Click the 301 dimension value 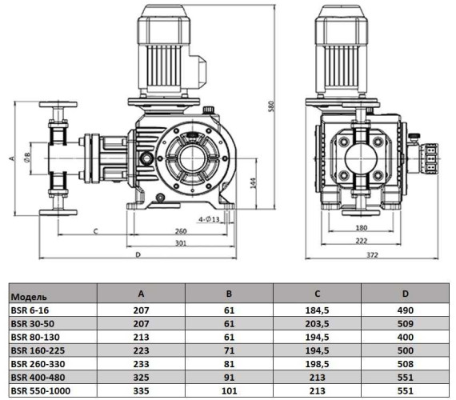pos(182,243)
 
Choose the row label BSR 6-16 pos(31,309)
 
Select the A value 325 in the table pos(141,378)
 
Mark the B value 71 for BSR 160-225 pos(230,350)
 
